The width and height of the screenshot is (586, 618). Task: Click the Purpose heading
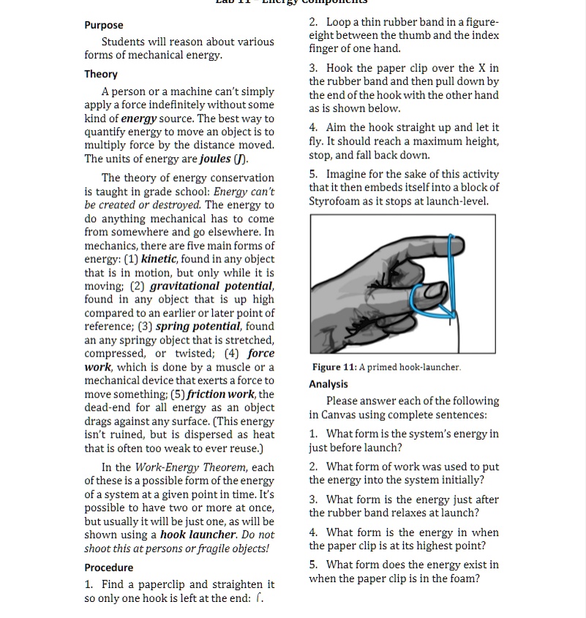pos(104,25)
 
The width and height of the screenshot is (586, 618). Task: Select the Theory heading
pos(101,74)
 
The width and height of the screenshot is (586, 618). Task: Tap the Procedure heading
pos(109,568)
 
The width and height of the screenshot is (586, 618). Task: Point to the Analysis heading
pos(328,384)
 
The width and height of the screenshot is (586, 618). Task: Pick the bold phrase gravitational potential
pos(212,286)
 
